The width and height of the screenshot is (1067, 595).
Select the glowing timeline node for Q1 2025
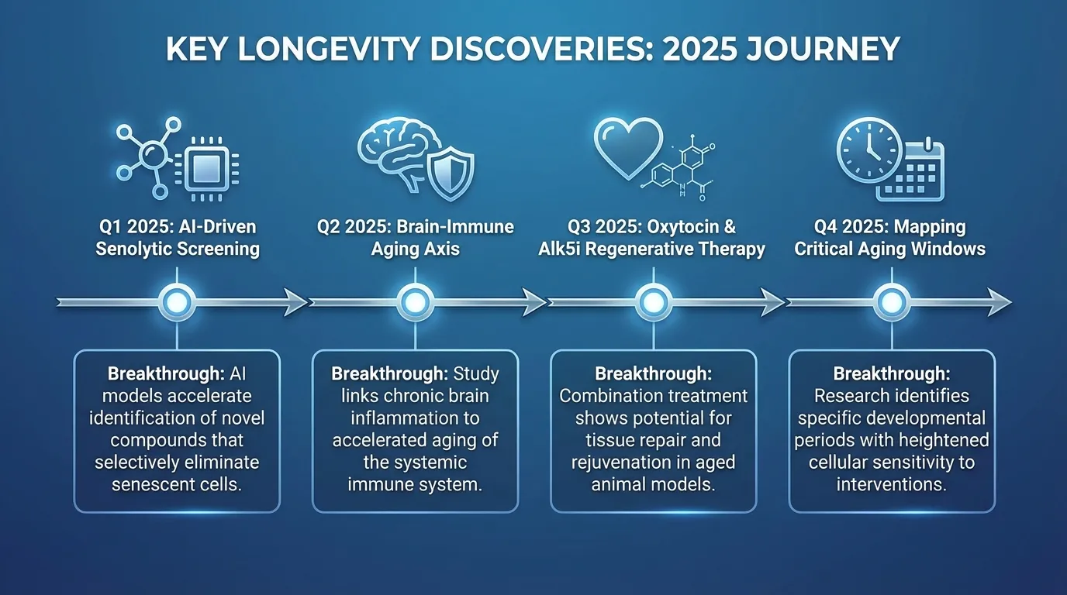pyautogui.click(x=177, y=301)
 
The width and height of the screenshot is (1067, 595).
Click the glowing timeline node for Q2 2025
pyautogui.click(x=415, y=301)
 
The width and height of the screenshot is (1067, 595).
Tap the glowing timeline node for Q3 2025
pyautogui.click(x=653, y=301)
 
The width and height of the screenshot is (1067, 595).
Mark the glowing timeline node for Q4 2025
pyautogui.click(x=892, y=301)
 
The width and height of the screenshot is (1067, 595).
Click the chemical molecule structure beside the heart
pyautogui.click(x=682, y=167)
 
